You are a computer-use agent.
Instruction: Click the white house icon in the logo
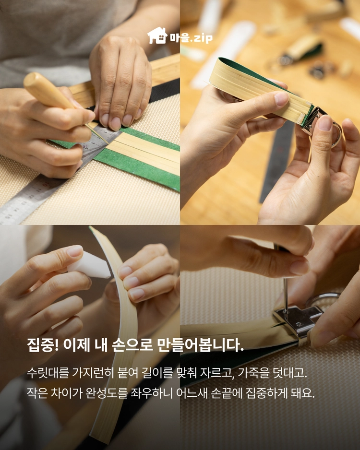point(157,36)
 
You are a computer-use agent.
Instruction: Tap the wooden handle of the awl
point(48,91)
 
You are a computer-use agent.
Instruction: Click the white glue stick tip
point(89,265)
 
